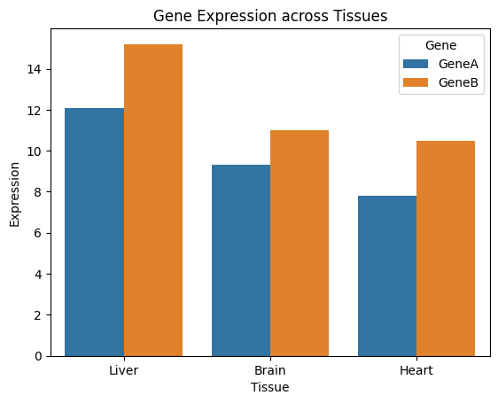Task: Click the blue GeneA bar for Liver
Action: pyautogui.click(x=94, y=232)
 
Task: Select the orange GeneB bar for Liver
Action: pyautogui.click(x=153, y=200)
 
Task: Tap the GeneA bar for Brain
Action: pyautogui.click(x=241, y=260)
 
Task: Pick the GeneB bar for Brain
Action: pyautogui.click(x=300, y=244)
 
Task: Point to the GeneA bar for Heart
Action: pyautogui.click(x=387, y=276)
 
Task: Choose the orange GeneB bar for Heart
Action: pyautogui.click(x=446, y=249)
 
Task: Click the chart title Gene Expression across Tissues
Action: pyautogui.click(x=270, y=16)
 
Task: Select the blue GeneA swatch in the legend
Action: pyautogui.click(x=416, y=64)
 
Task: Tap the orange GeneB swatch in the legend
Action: pyautogui.click(x=416, y=82)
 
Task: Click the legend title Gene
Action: pyautogui.click(x=440, y=45)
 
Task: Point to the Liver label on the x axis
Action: pyautogui.click(x=124, y=370)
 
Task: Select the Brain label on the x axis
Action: pyautogui.click(x=270, y=370)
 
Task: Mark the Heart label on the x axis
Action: pyautogui.click(x=416, y=370)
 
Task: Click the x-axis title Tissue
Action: pyautogui.click(x=270, y=387)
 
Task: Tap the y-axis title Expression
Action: pyautogui.click(x=14, y=195)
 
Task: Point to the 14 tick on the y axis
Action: pyautogui.click(x=35, y=69)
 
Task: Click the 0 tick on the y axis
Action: pyautogui.click(x=38, y=356)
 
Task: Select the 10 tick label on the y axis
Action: pyautogui.click(x=35, y=151)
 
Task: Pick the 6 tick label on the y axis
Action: pyautogui.click(x=38, y=233)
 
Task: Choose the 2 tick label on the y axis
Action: pyautogui.click(x=38, y=315)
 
